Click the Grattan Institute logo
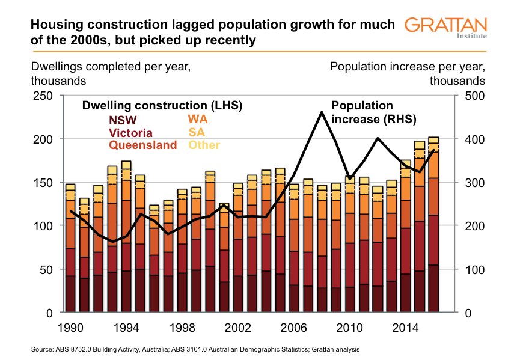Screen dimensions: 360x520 coord(445,28)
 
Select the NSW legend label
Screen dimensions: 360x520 coord(122,120)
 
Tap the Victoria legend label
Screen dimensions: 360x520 coord(130,133)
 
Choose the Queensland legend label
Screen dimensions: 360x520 coord(142,145)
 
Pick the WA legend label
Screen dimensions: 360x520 coord(198,120)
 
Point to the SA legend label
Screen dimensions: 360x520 coord(196,132)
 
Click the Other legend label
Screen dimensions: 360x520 coord(204,145)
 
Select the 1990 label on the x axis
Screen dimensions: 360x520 coord(70,329)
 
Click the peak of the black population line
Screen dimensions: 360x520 coord(322,112)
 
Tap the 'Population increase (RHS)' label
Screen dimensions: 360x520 coord(366,112)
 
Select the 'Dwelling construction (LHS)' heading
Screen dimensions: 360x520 coord(162,106)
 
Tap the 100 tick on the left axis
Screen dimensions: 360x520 coord(45,226)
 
